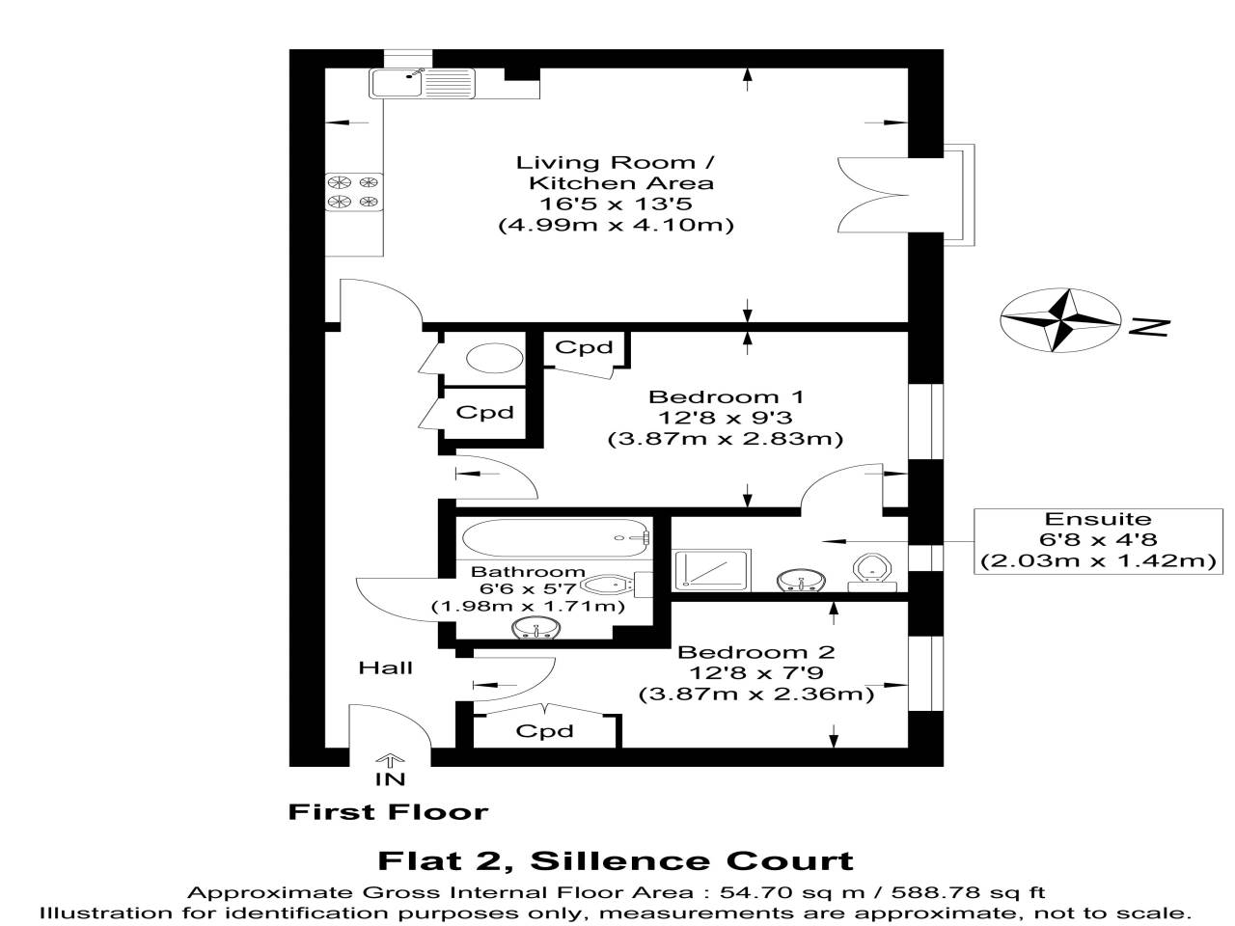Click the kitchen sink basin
point(397,83)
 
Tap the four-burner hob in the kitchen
point(354,192)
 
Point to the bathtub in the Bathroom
point(556,538)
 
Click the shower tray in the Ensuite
point(712,569)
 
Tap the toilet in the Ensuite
point(872,572)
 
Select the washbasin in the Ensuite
point(801,581)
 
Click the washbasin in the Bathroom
point(536,627)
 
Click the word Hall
point(385,667)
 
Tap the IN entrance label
point(390,778)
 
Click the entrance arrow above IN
point(390,759)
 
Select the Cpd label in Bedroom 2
point(544,731)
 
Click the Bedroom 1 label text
point(727,397)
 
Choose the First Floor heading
point(388,812)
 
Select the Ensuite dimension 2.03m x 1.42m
point(1098,561)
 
